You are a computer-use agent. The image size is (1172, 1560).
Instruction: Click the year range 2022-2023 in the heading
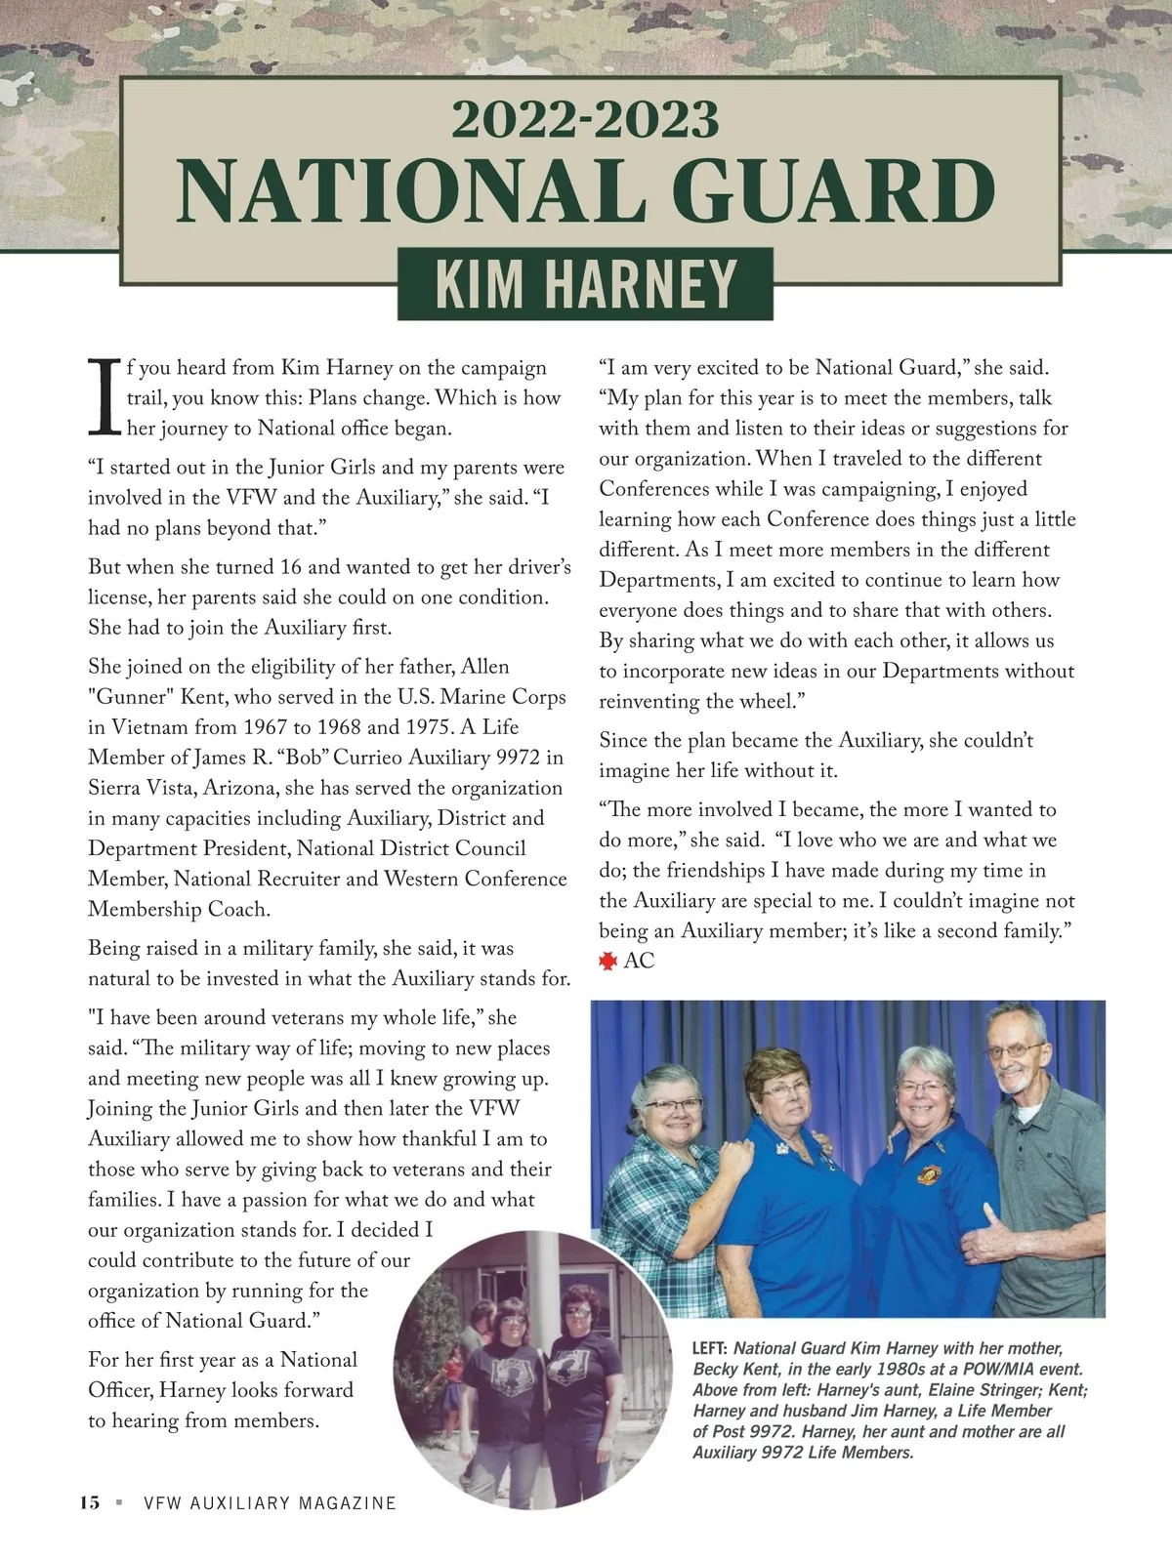585,121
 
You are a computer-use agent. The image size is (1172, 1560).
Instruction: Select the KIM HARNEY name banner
585,284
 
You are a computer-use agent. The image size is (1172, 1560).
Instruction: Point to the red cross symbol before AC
607,962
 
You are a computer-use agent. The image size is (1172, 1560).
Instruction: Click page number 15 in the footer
90,1502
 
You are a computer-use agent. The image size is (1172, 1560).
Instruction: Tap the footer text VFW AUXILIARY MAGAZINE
270,1503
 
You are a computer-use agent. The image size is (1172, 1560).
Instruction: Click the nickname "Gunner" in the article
124,697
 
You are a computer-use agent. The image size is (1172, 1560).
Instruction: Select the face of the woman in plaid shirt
672,1119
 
